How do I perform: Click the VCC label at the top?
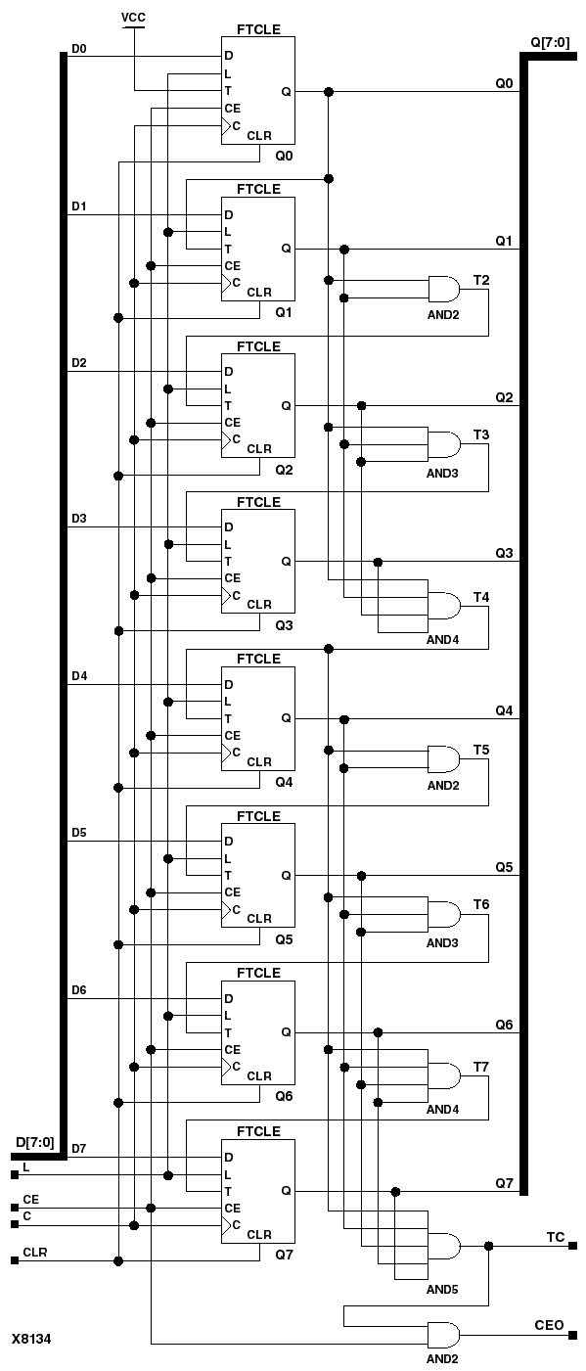133,18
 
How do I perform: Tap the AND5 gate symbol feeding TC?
444,1246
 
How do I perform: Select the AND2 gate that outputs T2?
444,289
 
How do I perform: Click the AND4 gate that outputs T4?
444,606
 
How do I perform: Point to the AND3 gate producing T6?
444,914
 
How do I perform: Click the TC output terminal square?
572,1246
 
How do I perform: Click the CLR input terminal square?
15,1260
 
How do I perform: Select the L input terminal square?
15,1175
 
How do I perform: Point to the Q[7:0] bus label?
550,42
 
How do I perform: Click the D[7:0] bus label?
35,1142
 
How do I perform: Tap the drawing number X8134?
31,1339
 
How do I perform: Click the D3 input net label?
79,519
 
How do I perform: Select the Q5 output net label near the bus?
504,867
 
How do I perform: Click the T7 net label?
481,1067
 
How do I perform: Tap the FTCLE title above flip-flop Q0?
258,29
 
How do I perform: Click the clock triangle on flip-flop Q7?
226,1224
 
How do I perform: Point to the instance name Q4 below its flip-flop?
284,782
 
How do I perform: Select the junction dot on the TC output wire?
488,1246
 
